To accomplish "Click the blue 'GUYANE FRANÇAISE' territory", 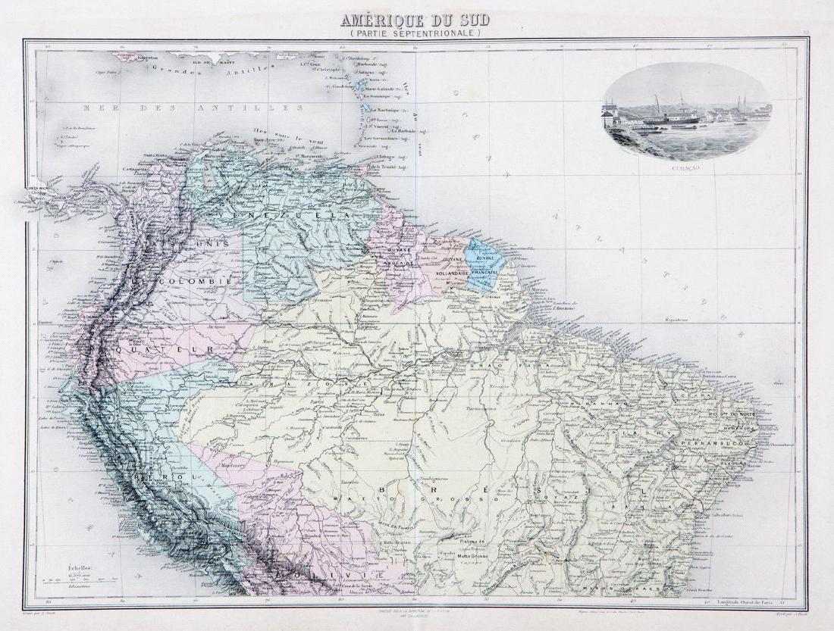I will coord(483,265).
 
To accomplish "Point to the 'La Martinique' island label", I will coord(393,111).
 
